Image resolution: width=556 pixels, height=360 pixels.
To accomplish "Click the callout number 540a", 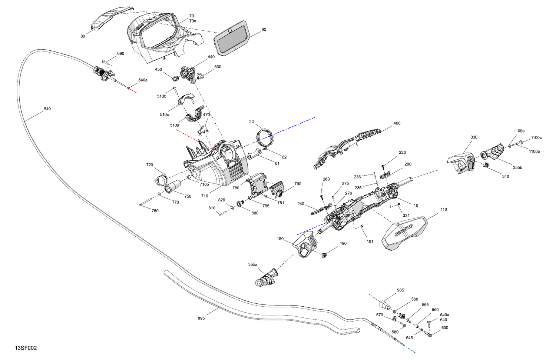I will coord(143,80).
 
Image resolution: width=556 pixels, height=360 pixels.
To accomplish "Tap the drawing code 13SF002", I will coord(26,348).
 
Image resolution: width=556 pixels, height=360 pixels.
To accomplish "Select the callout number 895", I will coord(201,318).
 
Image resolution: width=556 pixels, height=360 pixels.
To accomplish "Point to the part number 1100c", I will coord(536,138).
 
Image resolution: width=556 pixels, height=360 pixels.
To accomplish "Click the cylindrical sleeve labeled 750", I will coord(173,186).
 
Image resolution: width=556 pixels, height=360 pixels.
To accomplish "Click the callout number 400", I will coord(397,123).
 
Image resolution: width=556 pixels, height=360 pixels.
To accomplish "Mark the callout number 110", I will coord(444,209).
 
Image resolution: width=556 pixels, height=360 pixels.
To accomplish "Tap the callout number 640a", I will coord(444,315).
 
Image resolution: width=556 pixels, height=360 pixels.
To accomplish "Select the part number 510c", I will coord(164,114).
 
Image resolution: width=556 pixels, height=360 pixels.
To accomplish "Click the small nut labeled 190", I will coord(324,255).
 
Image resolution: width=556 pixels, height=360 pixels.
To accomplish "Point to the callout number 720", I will coord(149,165).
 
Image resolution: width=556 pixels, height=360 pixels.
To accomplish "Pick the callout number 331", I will coord(406,216).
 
